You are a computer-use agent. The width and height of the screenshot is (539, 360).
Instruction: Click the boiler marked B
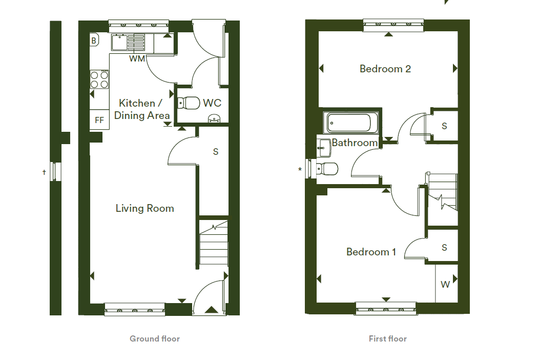pyautogui.click(x=94, y=40)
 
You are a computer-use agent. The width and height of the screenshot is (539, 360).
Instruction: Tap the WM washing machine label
pyautogui.click(x=137, y=59)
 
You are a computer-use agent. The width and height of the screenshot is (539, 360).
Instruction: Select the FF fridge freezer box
pyautogui.click(x=99, y=120)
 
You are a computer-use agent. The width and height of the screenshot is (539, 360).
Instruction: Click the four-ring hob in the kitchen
pyautogui.click(x=99, y=79)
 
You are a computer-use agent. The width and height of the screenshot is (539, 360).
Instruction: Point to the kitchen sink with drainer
pyautogui.click(x=128, y=43)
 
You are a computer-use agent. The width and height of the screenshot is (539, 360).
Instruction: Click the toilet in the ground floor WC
pyautogui.click(x=189, y=103)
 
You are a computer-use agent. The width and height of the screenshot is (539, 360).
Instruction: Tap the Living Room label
pyautogui.click(x=144, y=208)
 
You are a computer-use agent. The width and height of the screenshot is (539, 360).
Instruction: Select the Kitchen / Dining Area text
pyautogui.click(x=141, y=109)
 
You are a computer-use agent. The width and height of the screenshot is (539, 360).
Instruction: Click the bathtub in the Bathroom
pyautogui.click(x=350, y=122)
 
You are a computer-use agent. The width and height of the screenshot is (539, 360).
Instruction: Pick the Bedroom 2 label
pyautogui.click(x=385, y=69)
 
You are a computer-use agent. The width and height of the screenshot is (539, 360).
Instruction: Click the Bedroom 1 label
pyautogui.click(x=371, y=252)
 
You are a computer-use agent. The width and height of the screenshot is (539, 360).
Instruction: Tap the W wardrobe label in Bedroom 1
pyautogui.click(x=445, y=285)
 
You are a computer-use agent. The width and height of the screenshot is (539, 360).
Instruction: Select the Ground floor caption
pyautogui.click(x=155, y=338)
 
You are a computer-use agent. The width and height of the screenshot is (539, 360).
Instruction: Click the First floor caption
pyautogui.click(x=388, y=338)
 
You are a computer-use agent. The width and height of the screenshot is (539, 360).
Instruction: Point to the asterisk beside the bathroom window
pyautogui.click(x=300, y=169)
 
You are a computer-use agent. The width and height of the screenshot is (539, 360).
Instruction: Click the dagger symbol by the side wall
pyautogui.click(x=45, y=172)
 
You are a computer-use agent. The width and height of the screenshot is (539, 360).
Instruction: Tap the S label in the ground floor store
pyautogui.click(x=216, y=152)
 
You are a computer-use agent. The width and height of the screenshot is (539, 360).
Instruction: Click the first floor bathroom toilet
pyautogui.click(x=327, y=169)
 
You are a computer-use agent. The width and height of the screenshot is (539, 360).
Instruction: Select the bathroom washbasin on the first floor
pyautogui.click(x=323, y=148)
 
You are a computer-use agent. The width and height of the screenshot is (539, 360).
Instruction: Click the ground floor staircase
pyautogui.click(x=214, y=243)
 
